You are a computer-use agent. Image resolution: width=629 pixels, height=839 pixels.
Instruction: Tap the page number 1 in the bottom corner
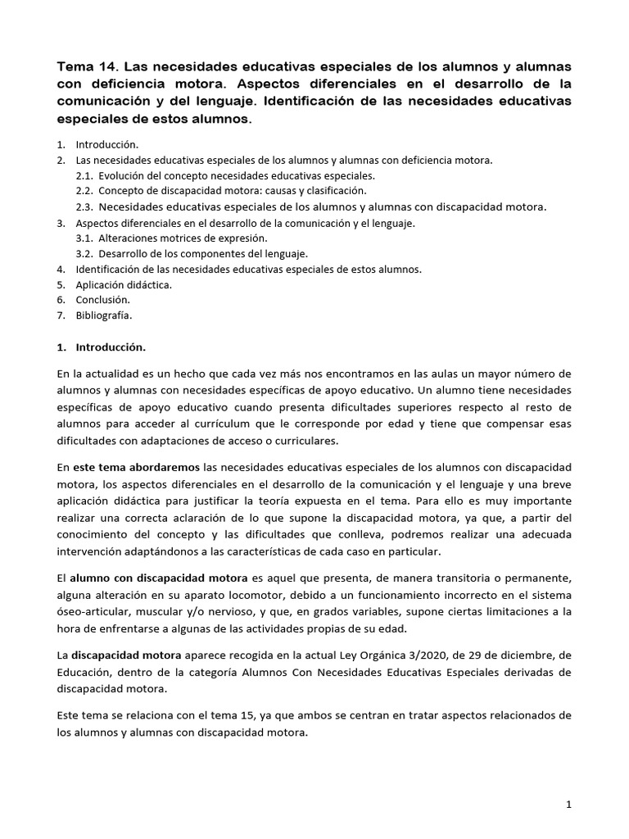click(568, 805)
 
